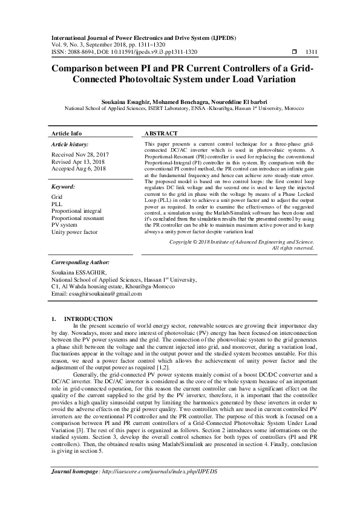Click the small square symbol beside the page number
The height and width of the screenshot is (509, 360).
click(x=295, y=52)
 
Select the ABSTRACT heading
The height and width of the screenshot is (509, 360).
click(x=161, y=134)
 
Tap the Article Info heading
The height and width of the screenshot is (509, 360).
click(x=67, y=134)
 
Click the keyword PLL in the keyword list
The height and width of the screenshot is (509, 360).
click(x=57, y=205)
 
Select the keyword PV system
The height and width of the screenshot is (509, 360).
click(x=65, y=225)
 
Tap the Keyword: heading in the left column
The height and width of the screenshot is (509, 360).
click(x=63, y=187)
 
